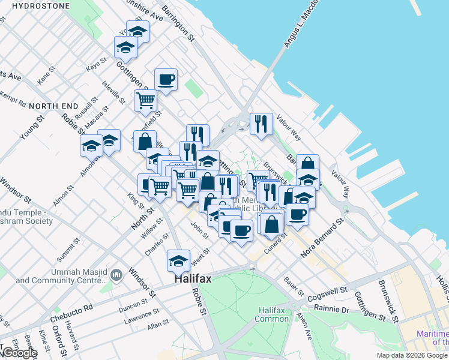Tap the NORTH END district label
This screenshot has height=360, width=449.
tap(54, 106)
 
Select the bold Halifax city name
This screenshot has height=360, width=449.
tap(192, 279)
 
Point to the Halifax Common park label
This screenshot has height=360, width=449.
tap(276, 314)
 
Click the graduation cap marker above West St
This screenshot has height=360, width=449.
tap(178, 260)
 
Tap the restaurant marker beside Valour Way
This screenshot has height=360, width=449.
tap(261, 124)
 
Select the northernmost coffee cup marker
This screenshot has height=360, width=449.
tap(166, 79)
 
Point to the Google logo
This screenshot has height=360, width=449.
tap(19, 353)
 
